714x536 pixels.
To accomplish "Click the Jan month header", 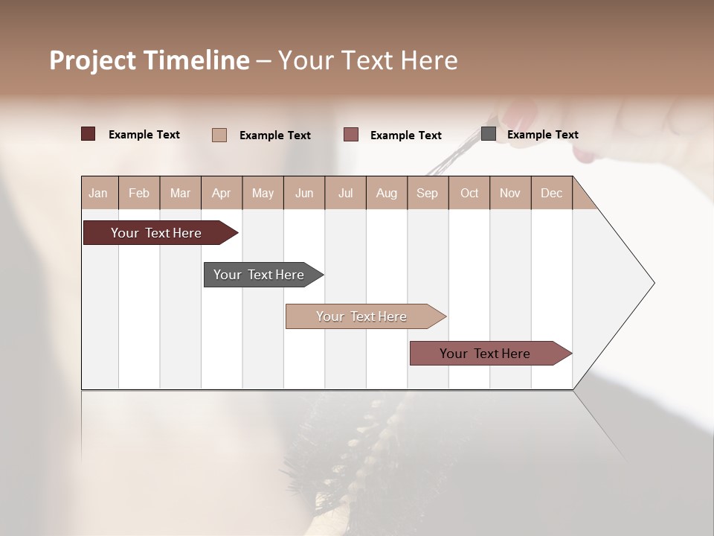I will pos(98,193).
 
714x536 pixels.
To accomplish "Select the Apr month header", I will pos(221,193).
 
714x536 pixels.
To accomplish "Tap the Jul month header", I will pos(345,193).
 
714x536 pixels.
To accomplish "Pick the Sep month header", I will pos(427,193).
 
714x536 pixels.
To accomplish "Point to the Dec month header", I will pos(551,193).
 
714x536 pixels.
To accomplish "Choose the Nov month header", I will pos(509,193).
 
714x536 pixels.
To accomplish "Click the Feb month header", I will pos(139,193).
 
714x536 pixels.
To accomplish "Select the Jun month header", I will pos(304,193).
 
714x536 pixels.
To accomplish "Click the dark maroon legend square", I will pos(88,134).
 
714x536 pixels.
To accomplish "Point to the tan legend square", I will pos(219,135).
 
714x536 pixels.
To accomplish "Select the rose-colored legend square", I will pos(350,135).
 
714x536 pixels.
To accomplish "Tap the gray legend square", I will pos(488,134).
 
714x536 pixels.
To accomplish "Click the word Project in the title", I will pos(92,60).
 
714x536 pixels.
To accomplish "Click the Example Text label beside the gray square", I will pos(542,135).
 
